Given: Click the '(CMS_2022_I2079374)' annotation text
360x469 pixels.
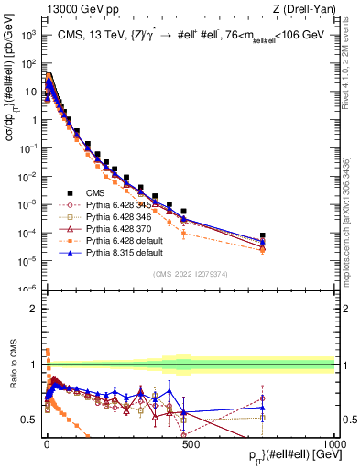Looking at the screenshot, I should tap(191, 275).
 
